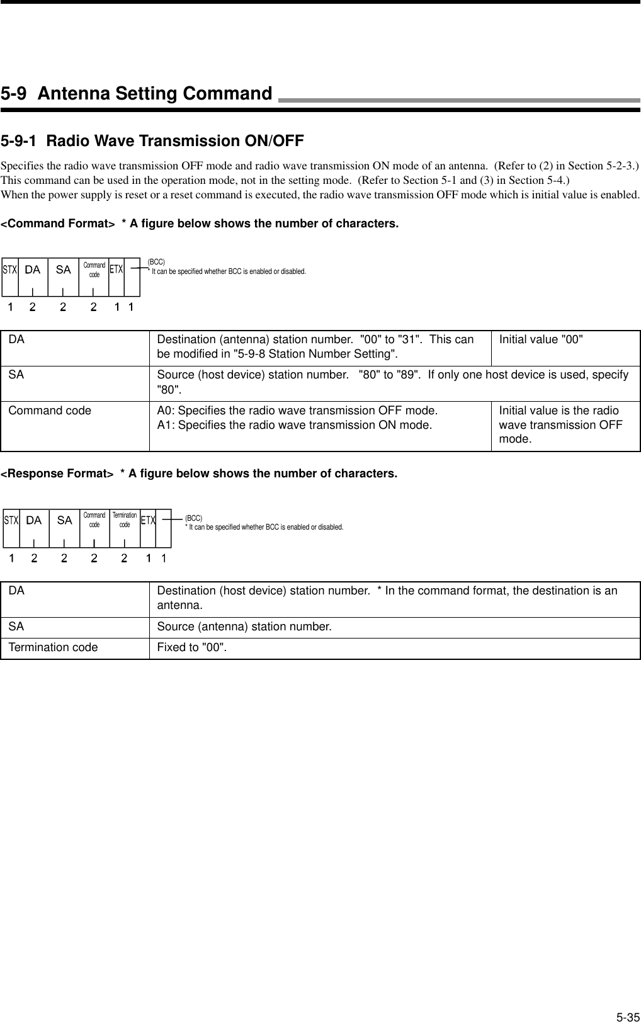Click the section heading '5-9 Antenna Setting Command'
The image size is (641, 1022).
(x=136, y=94)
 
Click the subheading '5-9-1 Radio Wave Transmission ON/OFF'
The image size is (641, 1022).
(x=152, y=140)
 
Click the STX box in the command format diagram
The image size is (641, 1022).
(x=10, y=270)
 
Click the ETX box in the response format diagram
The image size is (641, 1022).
(x=148, y=520)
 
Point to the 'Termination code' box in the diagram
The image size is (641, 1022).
(x=125, y=520)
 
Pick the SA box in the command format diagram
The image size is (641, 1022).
(x=64, y=270)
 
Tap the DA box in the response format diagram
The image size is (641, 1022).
(x=34, y=520)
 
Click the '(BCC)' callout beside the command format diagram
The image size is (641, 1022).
(x=156, y=261)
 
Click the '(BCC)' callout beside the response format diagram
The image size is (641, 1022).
(x=193, y=518)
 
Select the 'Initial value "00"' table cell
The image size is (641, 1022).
(x=541, y=339)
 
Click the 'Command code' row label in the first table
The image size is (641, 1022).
(x=50, y=411)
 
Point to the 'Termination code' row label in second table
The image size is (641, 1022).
(x=53, y=647)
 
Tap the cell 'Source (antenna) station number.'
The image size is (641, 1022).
(x=244, y=627)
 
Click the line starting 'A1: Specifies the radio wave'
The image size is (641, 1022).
(x=294, y=425)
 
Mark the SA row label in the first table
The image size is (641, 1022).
(x=16, y=375)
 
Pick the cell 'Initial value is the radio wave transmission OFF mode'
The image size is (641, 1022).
(x=560, y=424)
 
